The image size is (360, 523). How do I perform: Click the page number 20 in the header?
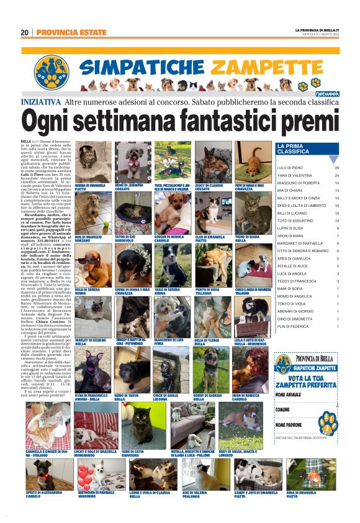coord(24,32)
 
